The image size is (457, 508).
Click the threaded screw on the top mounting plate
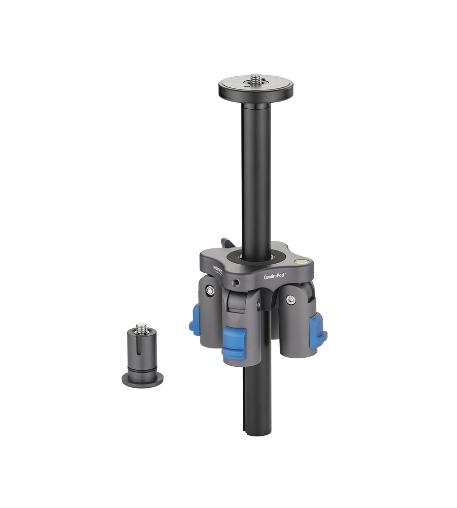coord(255,79)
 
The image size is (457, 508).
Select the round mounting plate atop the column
coord(256,89)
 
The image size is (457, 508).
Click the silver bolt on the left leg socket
coord(209,290)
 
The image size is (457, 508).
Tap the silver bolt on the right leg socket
coord(290,300)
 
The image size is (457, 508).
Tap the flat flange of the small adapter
coord(142,378)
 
